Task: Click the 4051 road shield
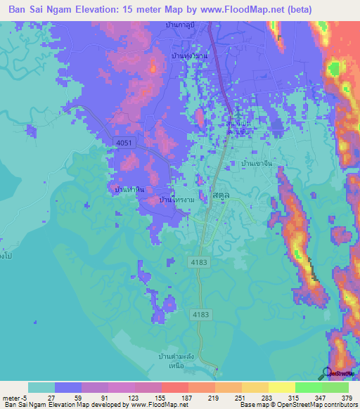(124, 143)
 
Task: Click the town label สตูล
(218, 198)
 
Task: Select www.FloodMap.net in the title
(237, 9)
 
